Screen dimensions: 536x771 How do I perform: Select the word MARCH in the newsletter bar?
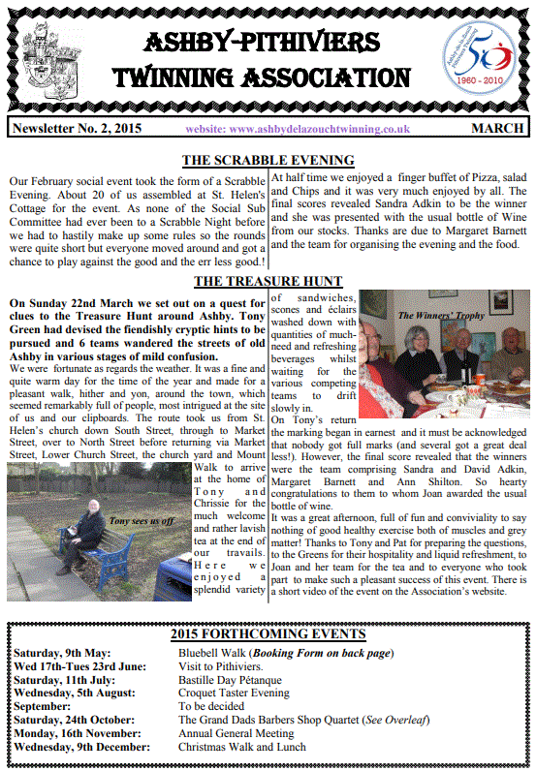498,129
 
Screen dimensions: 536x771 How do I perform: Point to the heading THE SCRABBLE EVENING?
268,160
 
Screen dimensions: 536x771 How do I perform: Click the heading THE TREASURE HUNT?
268,282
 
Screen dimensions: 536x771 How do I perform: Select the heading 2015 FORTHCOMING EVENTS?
268,633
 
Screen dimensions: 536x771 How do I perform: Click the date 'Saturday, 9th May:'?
58,653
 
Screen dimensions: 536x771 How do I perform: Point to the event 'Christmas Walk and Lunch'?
242,747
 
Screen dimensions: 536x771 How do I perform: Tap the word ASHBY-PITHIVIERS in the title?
267,42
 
